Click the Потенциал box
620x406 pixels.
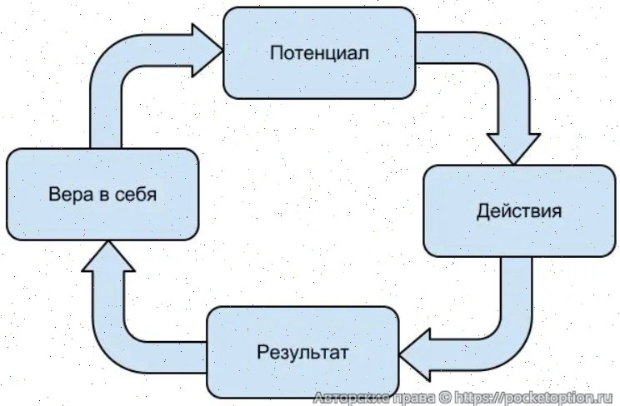(320, 52)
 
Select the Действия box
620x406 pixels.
(519, 210)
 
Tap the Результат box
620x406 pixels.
(302, 351)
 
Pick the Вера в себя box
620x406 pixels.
(102, 196)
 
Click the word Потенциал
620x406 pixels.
(320, 52)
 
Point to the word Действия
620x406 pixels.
(519, 210)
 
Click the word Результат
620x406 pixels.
(302, 351)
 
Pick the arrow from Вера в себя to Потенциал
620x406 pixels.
(117, 83)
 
